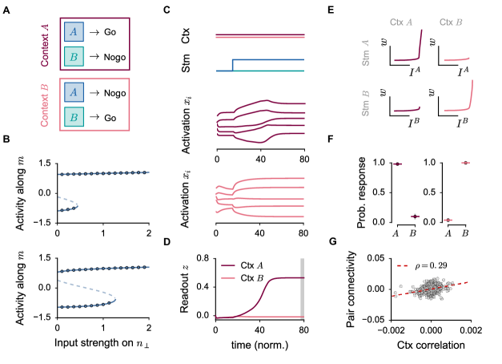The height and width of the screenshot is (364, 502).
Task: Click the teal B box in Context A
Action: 74,58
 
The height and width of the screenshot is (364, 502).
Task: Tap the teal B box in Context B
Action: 74,118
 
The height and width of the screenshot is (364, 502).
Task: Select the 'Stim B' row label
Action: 367,103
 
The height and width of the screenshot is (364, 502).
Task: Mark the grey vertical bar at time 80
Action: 302,288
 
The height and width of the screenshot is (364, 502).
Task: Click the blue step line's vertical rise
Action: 232,65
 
